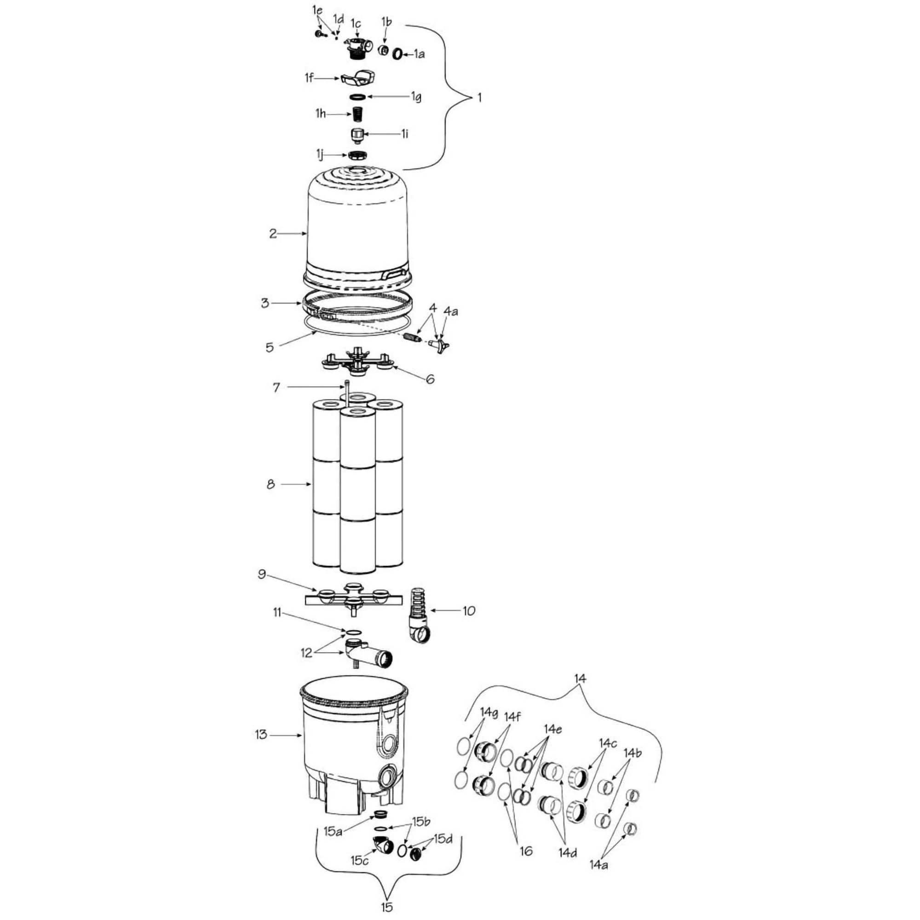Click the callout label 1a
(419, 54)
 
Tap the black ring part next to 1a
(397, 54)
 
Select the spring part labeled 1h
(357, 114)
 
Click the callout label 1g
(416, 97)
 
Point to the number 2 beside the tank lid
(273, 234)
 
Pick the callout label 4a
(450, 311)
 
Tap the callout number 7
(276, 388)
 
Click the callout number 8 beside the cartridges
(270, 485)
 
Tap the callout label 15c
(360, 861)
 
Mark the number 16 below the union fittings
(526, 851)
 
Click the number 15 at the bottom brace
(387, 907)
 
